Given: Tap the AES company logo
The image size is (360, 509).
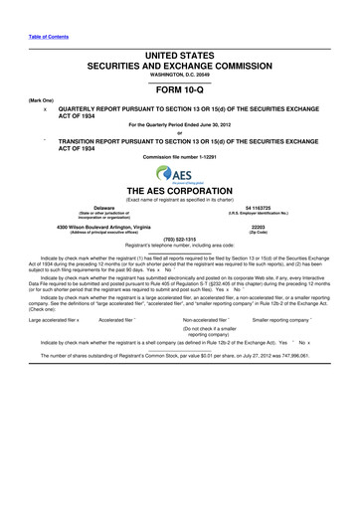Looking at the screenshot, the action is (179, 174).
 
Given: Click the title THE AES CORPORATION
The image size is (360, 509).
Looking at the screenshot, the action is (179, 191).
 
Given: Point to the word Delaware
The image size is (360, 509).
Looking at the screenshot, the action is (90, 207).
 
